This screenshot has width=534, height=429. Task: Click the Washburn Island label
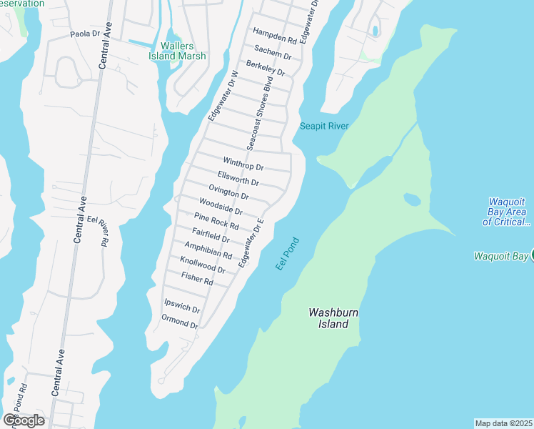click(x=328, y=318)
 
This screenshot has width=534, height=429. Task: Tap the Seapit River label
click(x=324, y=127)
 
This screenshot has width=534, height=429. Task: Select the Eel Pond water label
click(x=288, y=254)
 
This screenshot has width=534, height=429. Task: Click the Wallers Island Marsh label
click(x=178, y=51)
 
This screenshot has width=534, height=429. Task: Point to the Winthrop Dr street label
click(x=243, y=164)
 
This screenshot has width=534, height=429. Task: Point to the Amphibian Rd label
click(x=208, y=250)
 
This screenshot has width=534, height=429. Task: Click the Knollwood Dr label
click(x=203, y=265)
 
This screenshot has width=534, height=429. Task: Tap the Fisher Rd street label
click(x=197, y=279)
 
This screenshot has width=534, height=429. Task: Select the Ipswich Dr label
click(x=182, y=307)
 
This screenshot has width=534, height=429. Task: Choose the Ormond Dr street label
click(x=179, y=321)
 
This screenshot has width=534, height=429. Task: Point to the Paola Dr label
click(x=84, y=34)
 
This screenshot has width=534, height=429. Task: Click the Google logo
click(x=24, y=420)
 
